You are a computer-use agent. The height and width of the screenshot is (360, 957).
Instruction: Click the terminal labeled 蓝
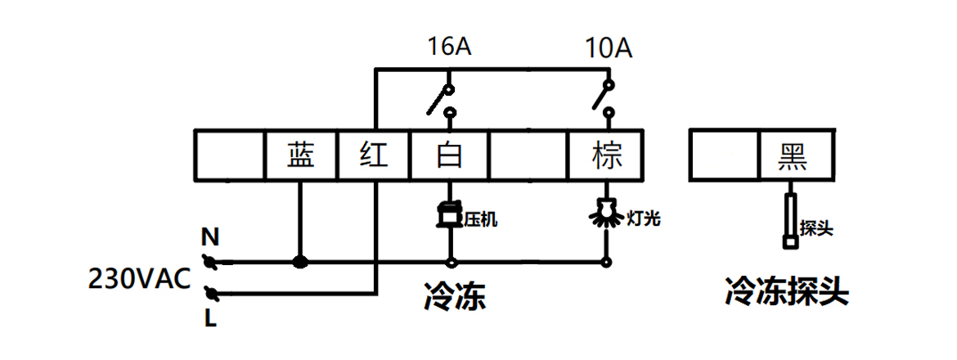point(301,155)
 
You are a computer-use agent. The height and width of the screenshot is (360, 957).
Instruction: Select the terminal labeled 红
point(373,155)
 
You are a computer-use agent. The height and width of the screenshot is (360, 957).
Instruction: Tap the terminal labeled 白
point(449,155)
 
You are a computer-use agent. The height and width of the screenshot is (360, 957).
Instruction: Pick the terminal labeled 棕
point(606,155)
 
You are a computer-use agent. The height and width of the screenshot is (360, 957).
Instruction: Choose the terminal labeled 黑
point(793,155)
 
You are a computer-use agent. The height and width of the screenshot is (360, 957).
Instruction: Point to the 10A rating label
point(608,47)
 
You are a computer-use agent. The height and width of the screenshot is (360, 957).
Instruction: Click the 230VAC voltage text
point(139,280)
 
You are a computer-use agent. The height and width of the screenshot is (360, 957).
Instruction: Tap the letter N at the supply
point(210,239)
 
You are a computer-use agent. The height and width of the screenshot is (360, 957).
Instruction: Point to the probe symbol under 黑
point(790,219)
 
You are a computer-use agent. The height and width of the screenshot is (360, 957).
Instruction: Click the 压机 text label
point(480,219)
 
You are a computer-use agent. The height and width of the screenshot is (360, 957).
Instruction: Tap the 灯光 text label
point(643,218)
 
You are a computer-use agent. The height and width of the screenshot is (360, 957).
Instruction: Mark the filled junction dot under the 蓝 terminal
point(301,263)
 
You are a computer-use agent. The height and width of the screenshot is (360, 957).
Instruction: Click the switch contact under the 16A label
point(442,98)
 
